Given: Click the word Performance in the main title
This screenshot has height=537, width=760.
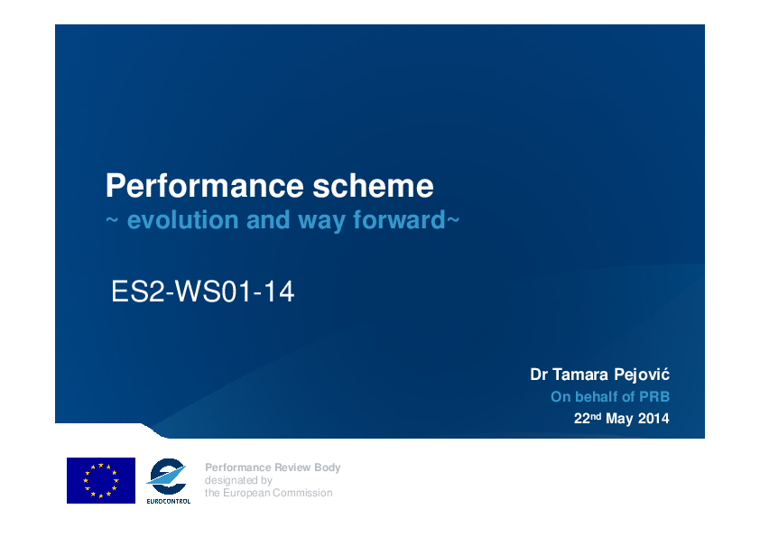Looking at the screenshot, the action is pos(205,186).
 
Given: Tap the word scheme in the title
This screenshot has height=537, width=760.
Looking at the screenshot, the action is pos(373,186).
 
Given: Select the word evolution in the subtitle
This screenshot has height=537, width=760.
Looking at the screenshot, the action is pos(182,219).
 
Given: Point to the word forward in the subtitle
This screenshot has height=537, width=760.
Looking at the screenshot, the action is pos(399,219).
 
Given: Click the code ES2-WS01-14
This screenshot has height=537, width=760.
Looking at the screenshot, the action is pos(202,292).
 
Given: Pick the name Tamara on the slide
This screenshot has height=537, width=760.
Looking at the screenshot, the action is pos(580,375).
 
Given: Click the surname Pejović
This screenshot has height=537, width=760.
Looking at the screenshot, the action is pos(642,375).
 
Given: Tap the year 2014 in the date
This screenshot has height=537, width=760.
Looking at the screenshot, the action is pos(653,418).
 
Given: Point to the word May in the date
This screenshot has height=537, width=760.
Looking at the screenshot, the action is pos(619,419).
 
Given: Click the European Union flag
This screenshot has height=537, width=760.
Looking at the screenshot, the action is pos(101,480).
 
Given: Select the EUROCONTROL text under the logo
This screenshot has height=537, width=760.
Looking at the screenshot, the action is pos(169,501).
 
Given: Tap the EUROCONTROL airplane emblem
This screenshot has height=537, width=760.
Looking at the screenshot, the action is pos(167,476).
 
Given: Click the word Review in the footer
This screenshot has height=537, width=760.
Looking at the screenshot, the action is pos(292,468).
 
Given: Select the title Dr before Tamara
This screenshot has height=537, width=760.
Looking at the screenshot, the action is pos(539,375).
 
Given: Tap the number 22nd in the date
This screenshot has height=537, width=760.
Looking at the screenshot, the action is pos(588,418).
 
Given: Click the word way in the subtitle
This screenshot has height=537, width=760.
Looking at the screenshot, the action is pos(321,221).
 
